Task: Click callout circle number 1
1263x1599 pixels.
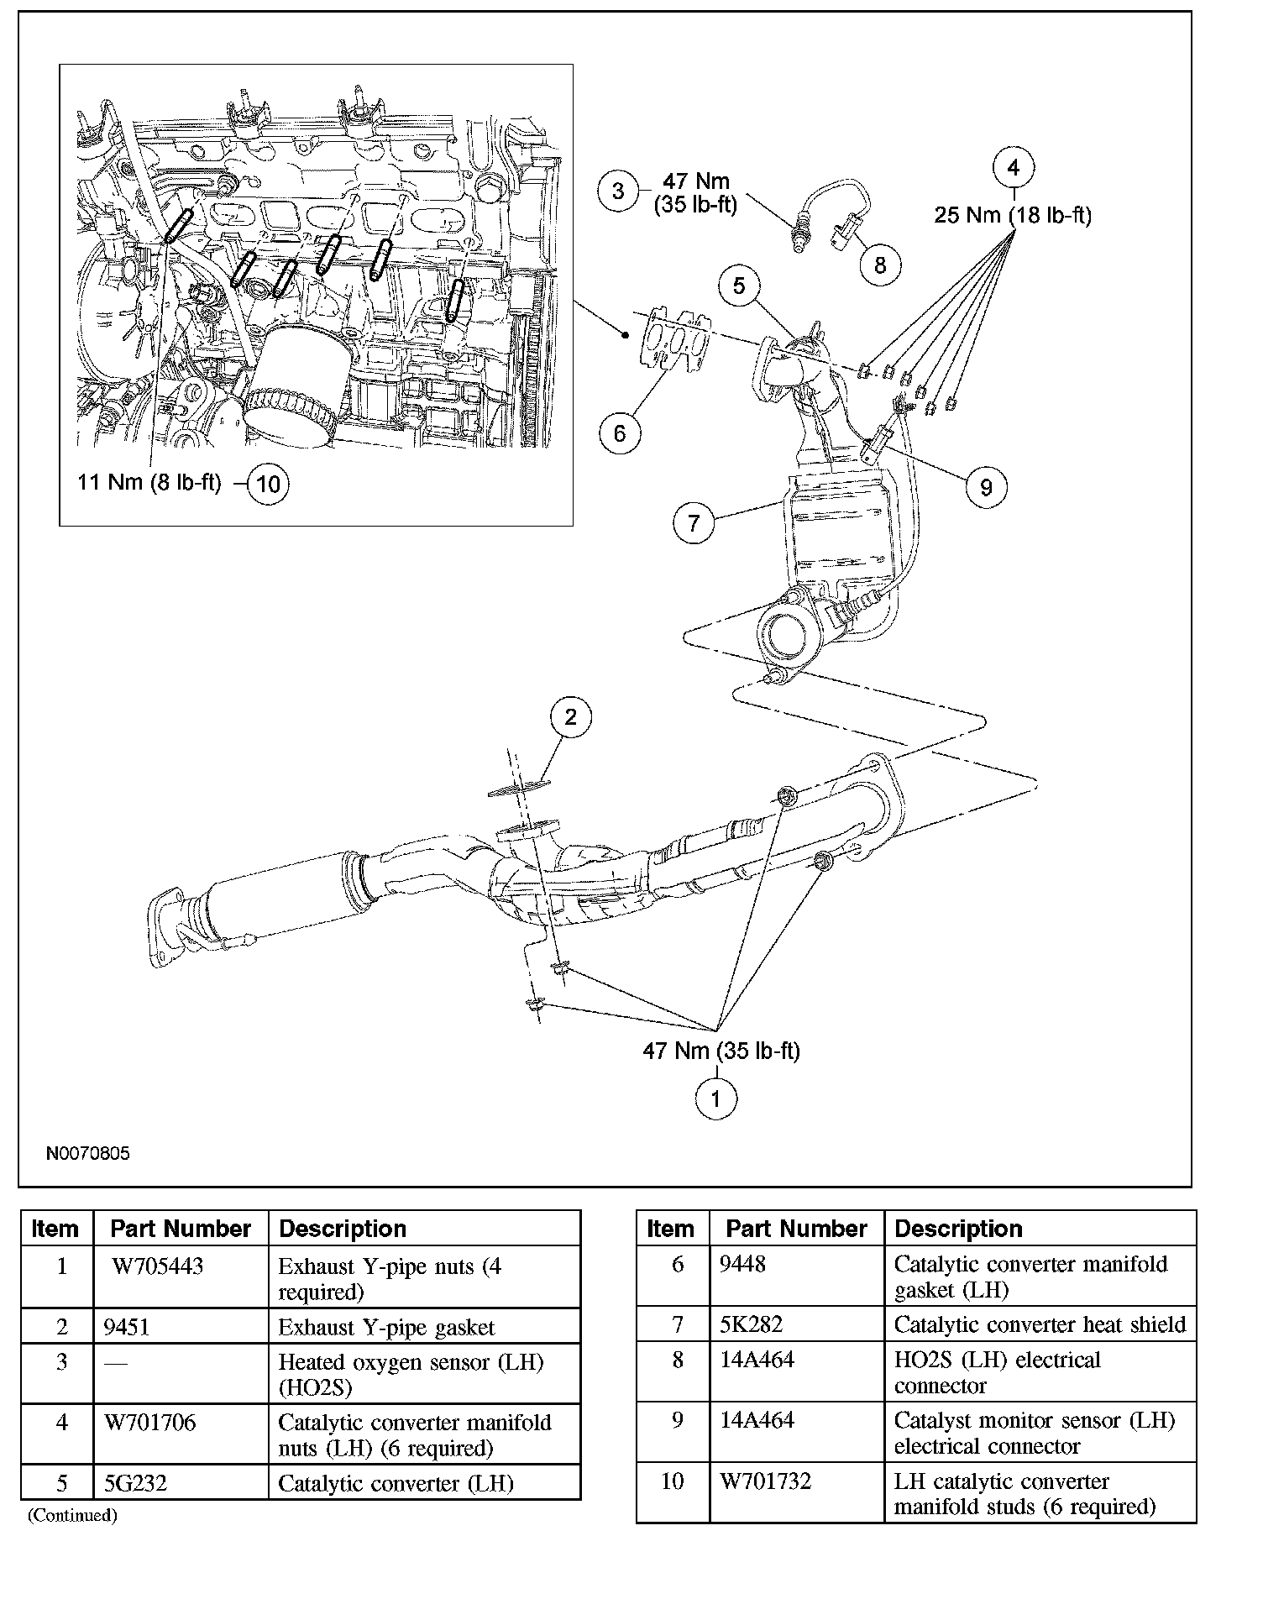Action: pos(716,1098)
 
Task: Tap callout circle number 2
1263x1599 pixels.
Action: pos(571,717)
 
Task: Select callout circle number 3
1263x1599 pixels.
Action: pos(619,191)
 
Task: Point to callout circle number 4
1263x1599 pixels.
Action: pos(1014,168)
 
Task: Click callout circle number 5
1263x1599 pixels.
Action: pos(739,286)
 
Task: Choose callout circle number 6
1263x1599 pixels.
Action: pos(620,433)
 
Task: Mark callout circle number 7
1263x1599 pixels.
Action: pos(694,523)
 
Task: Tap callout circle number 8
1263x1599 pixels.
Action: pos(880,265)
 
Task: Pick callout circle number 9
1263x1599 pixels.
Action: pos(987,487)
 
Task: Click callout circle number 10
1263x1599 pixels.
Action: pos(269,484)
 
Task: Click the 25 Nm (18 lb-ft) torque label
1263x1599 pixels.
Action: pos(1013,216)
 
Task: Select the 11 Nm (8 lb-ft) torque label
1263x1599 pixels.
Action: pos(149,483)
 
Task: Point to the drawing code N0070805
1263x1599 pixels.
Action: pos(88,1154)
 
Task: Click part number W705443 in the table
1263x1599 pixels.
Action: pos(158,1266)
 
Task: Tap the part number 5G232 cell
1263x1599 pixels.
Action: pos(136,1483)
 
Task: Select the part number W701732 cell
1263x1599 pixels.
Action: pos(766,1481)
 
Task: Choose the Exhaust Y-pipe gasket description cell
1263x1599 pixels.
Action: pos(386,1328)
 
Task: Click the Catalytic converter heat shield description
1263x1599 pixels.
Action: pos(1040,1324)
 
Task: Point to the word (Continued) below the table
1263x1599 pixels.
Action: pos(72,1515)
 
